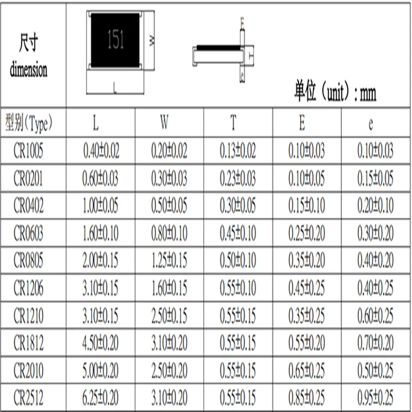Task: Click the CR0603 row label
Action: tap(28, 234)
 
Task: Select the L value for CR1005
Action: tap(101, 151)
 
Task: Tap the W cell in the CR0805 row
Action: tap(169, 262)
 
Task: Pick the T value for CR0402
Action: tap(237, 206)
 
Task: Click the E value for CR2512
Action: tap(306, 398)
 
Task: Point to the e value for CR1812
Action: tap(375, 343)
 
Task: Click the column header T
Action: tap(233, 124)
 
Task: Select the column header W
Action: tap(164, 124)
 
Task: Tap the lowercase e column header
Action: tap(371, 124)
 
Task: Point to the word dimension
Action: tap(29, 69)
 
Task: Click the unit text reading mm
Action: tap(368, 94)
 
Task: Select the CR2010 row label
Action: tap(28, 370)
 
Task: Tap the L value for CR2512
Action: tap(101, 398)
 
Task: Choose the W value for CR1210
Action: tap(169, 316)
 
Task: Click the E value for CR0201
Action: tap(306, 179)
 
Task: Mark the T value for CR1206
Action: tap(237, 288)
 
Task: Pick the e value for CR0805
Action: tap(375, 262)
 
